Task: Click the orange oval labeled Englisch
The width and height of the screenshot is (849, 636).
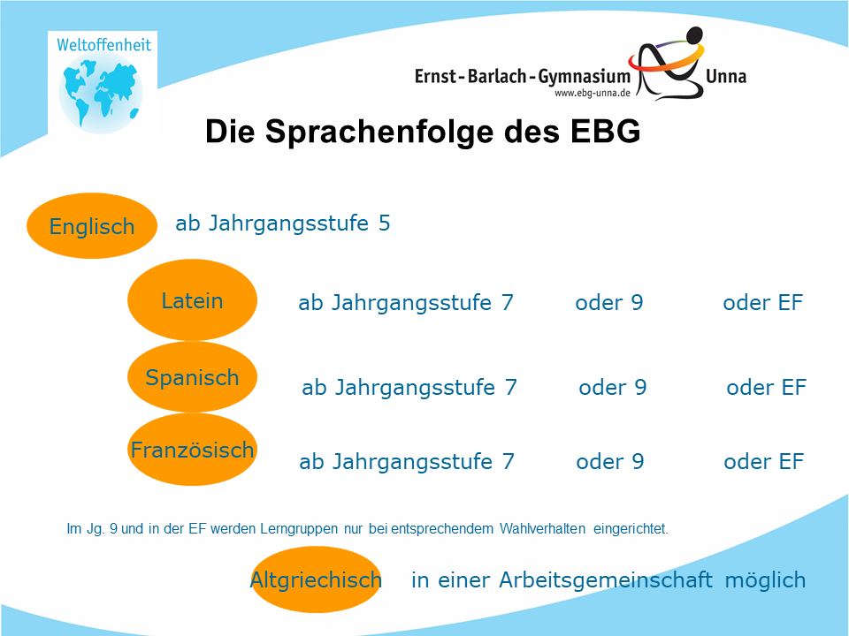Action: [x=92, y=225]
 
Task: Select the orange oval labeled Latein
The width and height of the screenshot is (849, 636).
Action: [x=192, y=300]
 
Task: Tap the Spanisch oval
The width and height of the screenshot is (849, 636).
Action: [x=192, y=377]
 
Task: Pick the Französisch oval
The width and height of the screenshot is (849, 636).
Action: [x=192, y=450]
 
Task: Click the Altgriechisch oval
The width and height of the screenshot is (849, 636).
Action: [x=317, y=579]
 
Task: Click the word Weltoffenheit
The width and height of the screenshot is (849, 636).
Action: [x=104, y=45]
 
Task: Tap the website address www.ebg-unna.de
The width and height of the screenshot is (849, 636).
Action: [x=593, y=93]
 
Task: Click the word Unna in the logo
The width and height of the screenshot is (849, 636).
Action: [x=726, y=76]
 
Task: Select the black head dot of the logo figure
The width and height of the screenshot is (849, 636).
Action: [x=694, y=34]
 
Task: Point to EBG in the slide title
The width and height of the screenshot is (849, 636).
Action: [x=606, y=131]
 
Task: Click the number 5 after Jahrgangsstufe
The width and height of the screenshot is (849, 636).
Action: [x=385, y=223]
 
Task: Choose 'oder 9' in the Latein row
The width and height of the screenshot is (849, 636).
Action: [x=609, y=303]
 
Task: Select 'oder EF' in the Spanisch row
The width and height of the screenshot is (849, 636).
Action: [x=766, y=387]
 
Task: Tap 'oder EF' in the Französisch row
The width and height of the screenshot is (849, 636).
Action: [x=763, y=461]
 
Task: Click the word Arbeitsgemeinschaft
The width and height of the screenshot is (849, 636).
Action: [x=605, y=580]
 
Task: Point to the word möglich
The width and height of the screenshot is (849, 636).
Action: [x=765, y=580]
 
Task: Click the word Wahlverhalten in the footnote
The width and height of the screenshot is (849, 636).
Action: [x=542, y=528]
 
